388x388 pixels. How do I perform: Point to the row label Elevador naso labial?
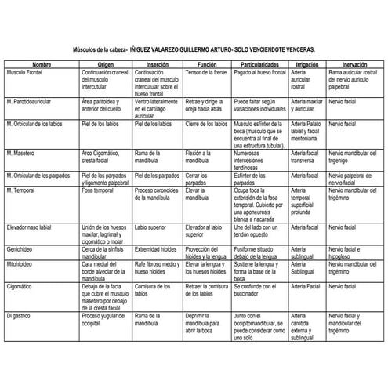(x=32, y=226)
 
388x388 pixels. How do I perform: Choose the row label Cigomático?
(x=20, y=288)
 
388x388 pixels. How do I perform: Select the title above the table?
(x=194, y=49)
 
